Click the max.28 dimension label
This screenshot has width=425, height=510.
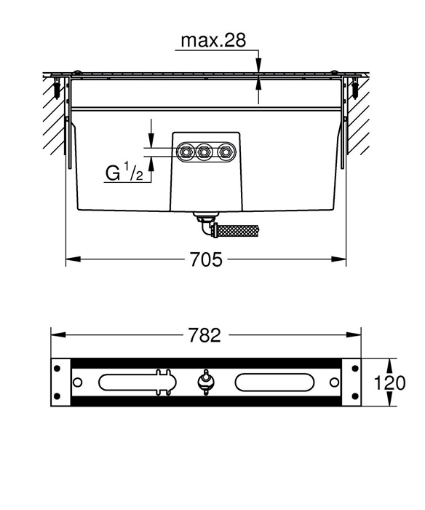click(213, 40)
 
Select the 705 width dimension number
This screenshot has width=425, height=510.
click(206, 259)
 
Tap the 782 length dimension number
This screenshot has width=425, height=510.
click(204, 335)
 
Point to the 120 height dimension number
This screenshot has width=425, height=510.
click(389, 382)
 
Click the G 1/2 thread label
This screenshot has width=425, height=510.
click(124, 173)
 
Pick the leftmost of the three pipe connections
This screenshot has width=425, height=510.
click(186, 152)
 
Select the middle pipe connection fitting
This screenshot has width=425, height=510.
click(204, 152)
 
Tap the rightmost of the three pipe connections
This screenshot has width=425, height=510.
click(225, 152)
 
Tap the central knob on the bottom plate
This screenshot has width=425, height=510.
click(205, 382)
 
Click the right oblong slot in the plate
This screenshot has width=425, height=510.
click(274, 382)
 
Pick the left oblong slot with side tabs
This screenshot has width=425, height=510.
click(138, 382)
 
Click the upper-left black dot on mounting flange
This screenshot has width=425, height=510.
click(57, 369)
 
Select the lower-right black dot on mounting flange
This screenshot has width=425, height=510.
click(355, 396)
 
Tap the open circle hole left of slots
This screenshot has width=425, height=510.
click(77, 382)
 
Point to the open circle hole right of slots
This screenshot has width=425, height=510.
click(334, 382)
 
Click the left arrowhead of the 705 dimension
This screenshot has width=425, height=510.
click(73, 259)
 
